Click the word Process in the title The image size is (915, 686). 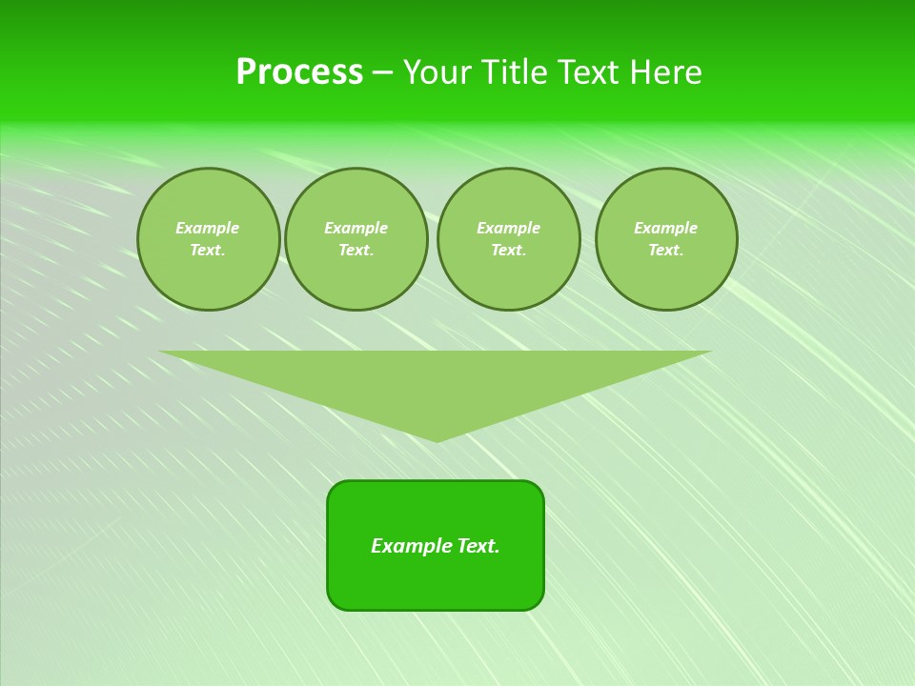(x=299, y=72)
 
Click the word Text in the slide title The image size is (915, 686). (x=588, y=72)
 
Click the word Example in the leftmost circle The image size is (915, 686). (x=208, y=228)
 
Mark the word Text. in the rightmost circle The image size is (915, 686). (x=665, y=250)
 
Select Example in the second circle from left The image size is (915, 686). (x=356, y=228)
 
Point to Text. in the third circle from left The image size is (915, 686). (x=508, y=250)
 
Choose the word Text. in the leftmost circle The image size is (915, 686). (x=208, y=250)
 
